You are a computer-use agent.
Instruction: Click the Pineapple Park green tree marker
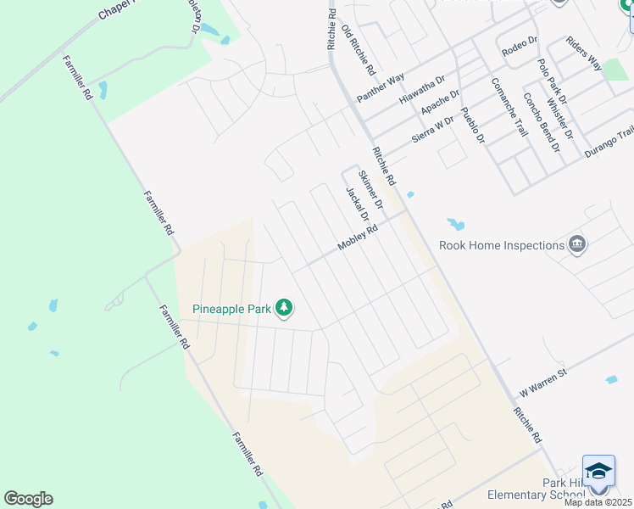[x=286, y=309]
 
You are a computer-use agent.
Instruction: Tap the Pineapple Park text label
[x=231, y=310]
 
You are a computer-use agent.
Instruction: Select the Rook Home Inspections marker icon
[x=577, y=245]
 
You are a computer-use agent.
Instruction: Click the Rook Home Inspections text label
[x=500, y=246]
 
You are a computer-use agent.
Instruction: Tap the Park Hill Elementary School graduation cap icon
[x=598, y=471]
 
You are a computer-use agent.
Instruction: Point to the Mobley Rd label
[x=357, y=238]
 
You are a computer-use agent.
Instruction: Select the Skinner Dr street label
[x=371, y=189]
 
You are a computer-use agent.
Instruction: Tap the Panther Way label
[x=381, y=88]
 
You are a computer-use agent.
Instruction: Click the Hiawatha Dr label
[x=422, y=90]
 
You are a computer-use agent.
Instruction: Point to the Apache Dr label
[x=440, y=105]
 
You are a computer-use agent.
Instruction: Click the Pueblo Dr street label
[x=472, y=124]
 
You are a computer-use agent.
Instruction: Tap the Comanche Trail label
[x=509, y=107]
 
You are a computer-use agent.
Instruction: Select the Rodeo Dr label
[x=520, y=46]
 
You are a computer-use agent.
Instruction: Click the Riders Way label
[x=583, y=53]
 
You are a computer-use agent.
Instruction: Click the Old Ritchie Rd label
[x=358, y=51]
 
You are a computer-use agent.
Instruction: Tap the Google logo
[x=28, y=499]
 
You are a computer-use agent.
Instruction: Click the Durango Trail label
[x=609, y=138]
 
